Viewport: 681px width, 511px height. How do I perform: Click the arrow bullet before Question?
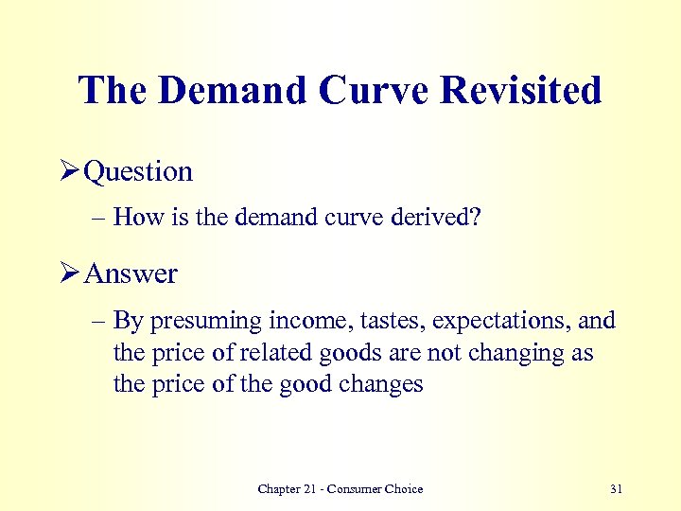[69, 171]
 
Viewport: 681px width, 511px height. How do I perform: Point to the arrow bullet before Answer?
[69, 273]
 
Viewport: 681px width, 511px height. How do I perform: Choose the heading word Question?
[138, 172]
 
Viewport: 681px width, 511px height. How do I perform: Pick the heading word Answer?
[131, 274]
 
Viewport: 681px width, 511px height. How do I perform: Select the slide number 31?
[616, 489]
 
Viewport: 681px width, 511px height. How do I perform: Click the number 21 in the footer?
[313, 489]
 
